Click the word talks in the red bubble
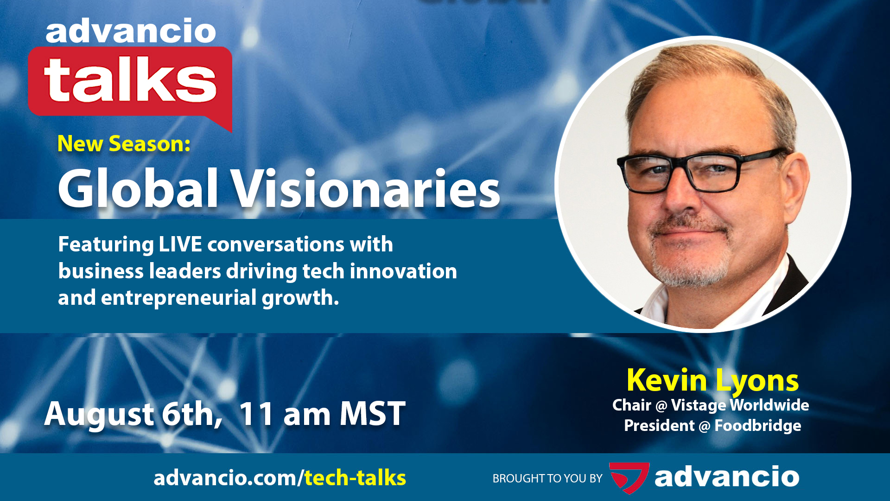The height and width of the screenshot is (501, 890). point(130,80)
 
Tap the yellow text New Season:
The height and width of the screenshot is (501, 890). point(124,144)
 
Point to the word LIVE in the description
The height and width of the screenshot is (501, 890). point(180,244)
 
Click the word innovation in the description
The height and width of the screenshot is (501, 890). point(403,271)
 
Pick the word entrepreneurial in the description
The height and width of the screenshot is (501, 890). point(178,298)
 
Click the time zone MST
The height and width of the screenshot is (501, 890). point(373,414)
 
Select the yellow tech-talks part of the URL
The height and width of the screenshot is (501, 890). point(355,478)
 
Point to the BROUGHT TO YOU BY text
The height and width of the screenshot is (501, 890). point(547,479)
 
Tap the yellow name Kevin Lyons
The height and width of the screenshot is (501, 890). point(712,381)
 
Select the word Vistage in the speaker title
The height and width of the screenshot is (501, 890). point(699,405)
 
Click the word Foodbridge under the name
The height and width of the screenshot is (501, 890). point(757,426)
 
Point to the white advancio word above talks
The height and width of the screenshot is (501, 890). point(131,32)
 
